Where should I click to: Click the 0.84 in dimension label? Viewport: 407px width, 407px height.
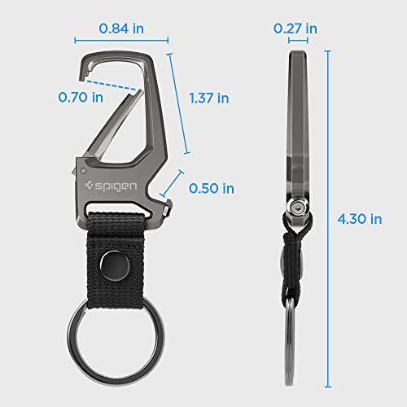121,28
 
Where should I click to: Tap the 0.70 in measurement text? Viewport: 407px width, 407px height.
81,97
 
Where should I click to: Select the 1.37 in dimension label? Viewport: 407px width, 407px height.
208,97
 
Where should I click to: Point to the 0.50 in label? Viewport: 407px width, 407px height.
211,188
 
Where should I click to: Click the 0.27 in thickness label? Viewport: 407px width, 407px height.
295,28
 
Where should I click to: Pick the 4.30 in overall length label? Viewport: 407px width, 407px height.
359,217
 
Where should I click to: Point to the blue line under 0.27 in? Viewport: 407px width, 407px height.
295,40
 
